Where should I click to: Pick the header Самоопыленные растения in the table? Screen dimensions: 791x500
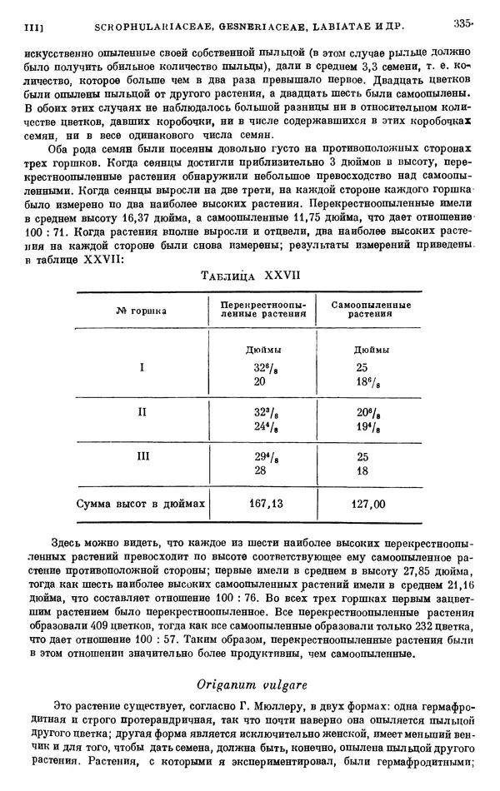pyautogui.click(x=367, y=311)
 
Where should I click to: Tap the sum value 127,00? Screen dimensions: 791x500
pyautogui.click(x=368, y=504)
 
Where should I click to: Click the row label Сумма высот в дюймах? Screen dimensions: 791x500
pyautogui.click(x=141, y=504)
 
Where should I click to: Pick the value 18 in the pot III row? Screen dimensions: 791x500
pyautogui.click(x=362, y=470)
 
